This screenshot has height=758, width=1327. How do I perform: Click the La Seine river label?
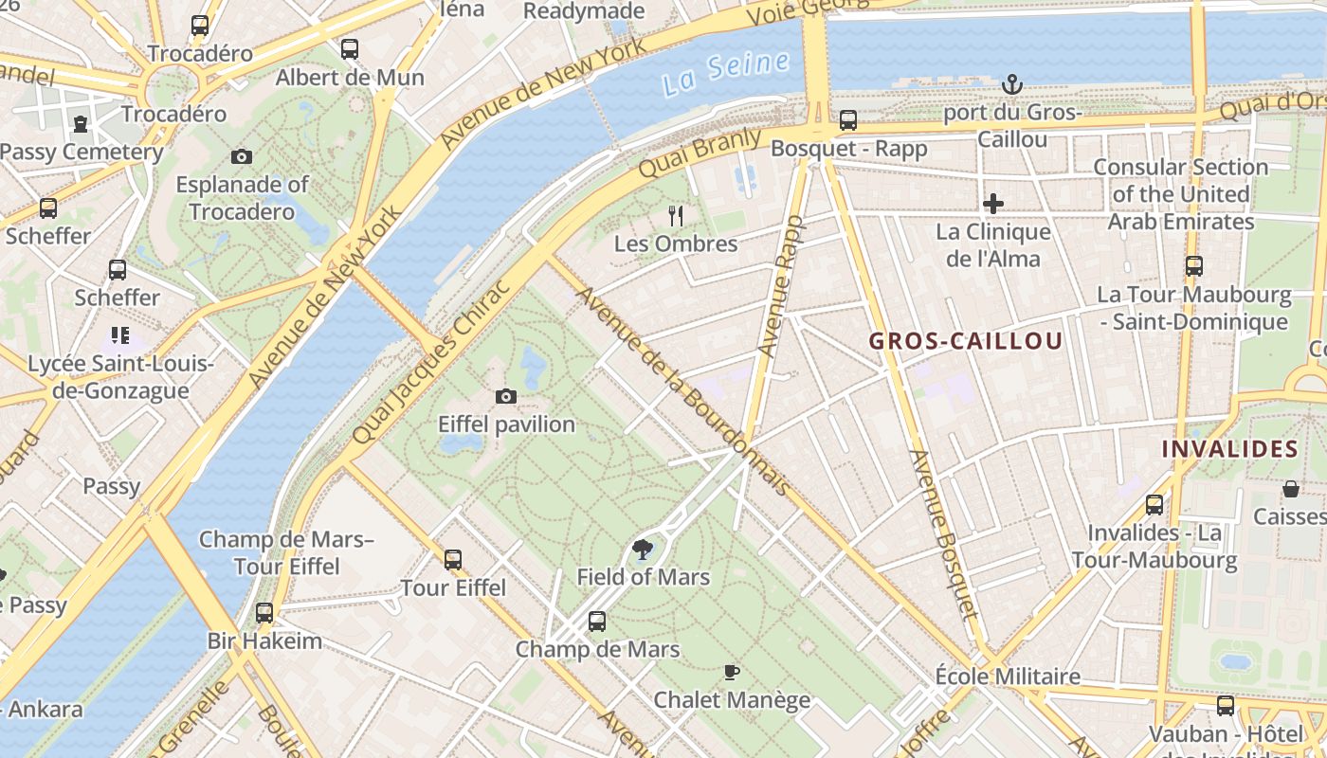coord(726,73)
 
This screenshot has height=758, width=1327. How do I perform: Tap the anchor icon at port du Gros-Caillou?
coord(1012,85)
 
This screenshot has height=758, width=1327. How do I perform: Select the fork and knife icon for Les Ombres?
coord(676,216)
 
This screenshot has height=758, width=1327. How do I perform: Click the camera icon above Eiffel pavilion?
coord(506,396)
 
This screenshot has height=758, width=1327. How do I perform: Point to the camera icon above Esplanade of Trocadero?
coord(242,156)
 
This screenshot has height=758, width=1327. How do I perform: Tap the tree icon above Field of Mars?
coord(643,549)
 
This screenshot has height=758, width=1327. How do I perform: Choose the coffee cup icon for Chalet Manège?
coord(731,673)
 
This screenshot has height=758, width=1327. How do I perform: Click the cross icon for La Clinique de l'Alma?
coord(993,204)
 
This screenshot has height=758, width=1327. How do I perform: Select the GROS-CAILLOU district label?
coord(966,341)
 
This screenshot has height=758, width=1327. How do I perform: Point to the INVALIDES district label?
coord(1229,448)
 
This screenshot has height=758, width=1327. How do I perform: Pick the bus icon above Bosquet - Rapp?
coord(848,120)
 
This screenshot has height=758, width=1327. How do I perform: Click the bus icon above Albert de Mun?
coord(350,49)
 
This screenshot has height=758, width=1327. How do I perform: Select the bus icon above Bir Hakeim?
coord(264,613)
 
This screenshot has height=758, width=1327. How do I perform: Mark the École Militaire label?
coord(1008,677)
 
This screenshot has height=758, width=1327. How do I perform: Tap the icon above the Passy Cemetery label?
coord(81,123)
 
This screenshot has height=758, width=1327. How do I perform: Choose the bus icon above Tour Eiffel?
coord(453,560)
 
